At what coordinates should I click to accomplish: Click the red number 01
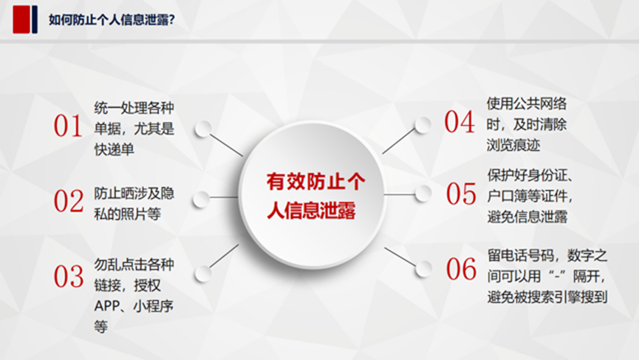(68, 125)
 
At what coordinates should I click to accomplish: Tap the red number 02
(69, 201)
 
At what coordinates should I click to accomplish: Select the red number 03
(69, 276)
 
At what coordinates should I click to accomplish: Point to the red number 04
(459, 121)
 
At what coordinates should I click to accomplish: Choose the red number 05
(461, 193)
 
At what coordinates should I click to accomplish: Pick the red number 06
(461, 268)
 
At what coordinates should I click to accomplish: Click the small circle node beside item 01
(203, 129)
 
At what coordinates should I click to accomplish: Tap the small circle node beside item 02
(202, 199)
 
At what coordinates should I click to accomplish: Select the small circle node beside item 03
(203, 274)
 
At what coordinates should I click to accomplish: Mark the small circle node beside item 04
(423, 125)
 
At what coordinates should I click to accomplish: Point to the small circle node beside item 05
(423, 194)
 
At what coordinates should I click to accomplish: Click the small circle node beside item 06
(424, 268)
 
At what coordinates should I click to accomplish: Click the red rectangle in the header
(21, 19)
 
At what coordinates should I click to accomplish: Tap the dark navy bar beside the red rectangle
(35, 19)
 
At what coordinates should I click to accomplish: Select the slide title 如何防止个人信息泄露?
(112, 19)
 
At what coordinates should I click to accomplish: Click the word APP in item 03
(107, 306)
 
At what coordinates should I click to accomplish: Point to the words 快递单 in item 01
(114, 149)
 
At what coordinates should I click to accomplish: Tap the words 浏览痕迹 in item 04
(513, 145)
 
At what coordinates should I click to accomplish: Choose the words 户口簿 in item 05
(508, 196)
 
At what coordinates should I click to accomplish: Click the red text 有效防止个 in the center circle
(316, 181)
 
